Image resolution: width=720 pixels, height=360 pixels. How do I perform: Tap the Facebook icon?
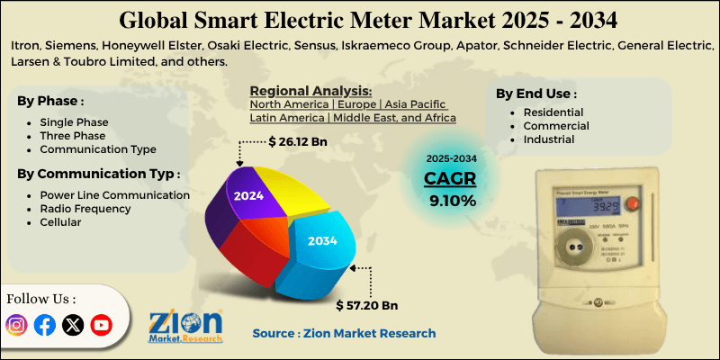pos(44,325)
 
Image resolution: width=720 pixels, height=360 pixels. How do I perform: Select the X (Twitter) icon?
pos(73,325)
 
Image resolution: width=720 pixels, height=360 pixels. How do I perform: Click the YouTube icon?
pos(101,325)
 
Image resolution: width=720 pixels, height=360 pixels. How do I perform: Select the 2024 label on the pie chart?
pos(249,194)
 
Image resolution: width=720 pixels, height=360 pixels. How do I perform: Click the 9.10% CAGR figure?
pos(451,200)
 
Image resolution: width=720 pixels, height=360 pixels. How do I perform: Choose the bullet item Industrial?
pos(548,140)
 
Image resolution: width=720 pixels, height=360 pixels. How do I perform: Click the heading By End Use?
pos(536,93)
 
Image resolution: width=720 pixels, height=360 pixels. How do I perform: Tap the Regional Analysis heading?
pos(310,92)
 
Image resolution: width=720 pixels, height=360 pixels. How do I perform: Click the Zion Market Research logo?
pos(186,326)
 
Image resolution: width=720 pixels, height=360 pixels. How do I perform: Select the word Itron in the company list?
pos(29,46)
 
